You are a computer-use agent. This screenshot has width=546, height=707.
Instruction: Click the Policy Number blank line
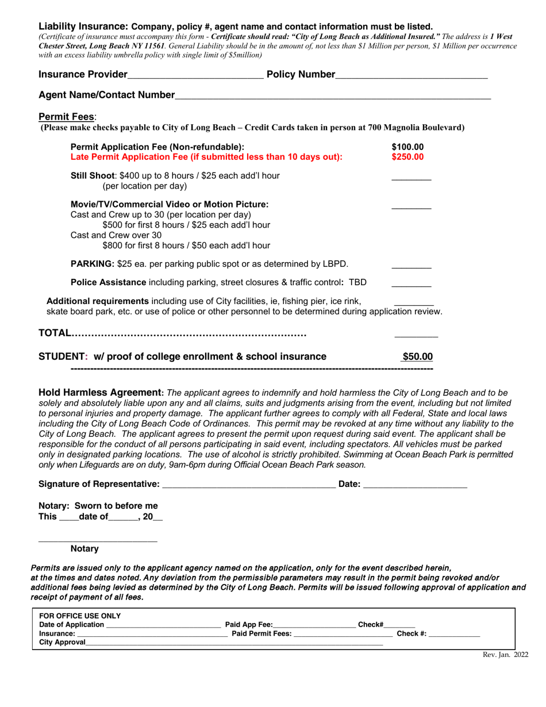click(411, 75)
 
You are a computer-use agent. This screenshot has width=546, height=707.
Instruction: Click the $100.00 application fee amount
click(407, 147)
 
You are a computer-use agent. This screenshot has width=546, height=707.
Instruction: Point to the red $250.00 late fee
click(407, 156)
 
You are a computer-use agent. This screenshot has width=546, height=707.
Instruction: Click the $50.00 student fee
click(417, 356)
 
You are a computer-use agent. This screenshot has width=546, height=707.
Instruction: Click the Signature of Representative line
click(249, 485)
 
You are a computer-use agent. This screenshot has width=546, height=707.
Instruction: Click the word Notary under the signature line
click(84, 549)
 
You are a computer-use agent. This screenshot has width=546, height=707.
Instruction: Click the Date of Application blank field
click(163, 625)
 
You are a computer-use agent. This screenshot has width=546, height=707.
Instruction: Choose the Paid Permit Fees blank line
click(343, 634)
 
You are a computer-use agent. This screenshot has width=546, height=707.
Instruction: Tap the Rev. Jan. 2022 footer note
click(505, 654)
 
